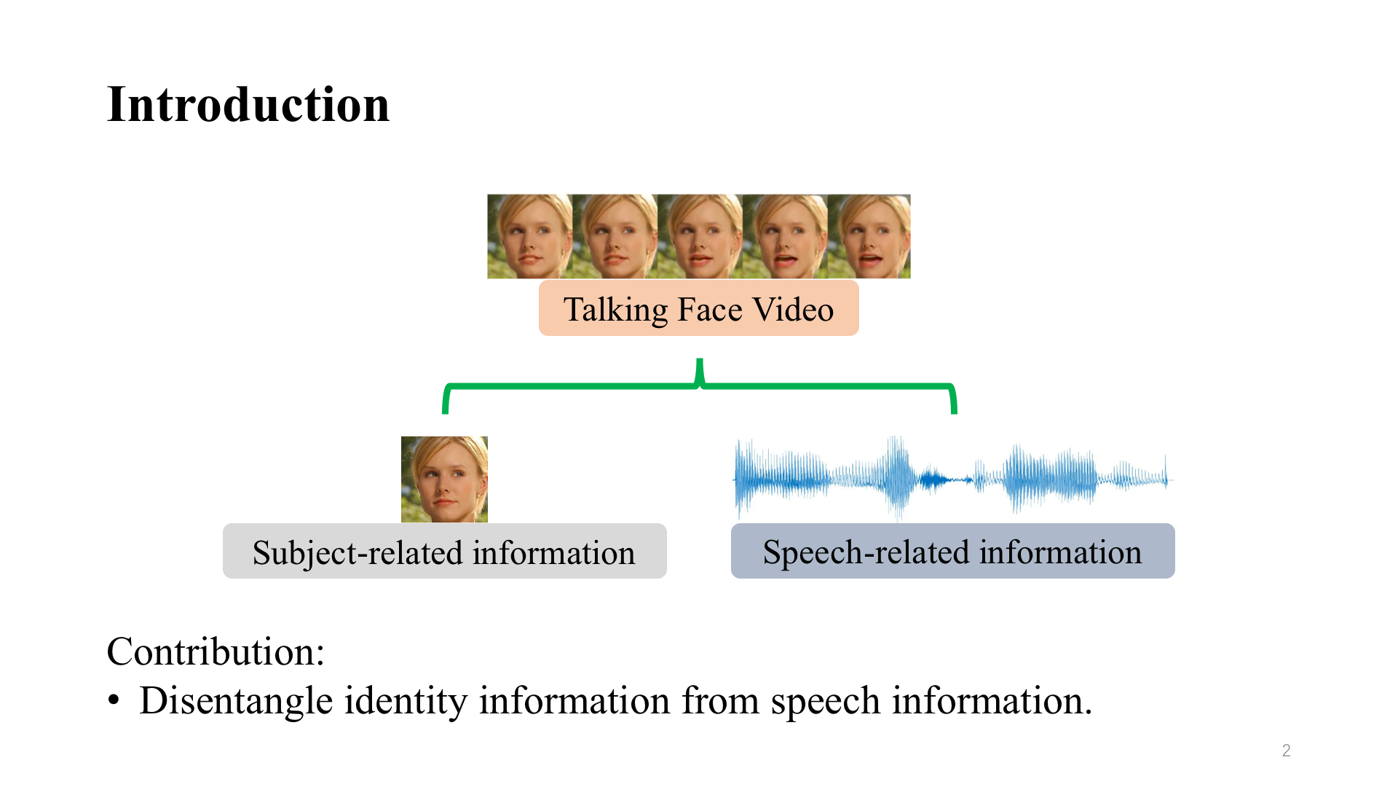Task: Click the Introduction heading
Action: point(248,104)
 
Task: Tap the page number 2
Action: point(1286,751)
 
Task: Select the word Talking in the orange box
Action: point(615,310)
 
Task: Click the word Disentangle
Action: point(236,701)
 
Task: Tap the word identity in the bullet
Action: point(406,701)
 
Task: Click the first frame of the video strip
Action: point(529,236)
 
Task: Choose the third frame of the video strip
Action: point(700,236)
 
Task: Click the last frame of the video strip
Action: point(869,236)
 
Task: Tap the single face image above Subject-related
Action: point(444,479)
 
